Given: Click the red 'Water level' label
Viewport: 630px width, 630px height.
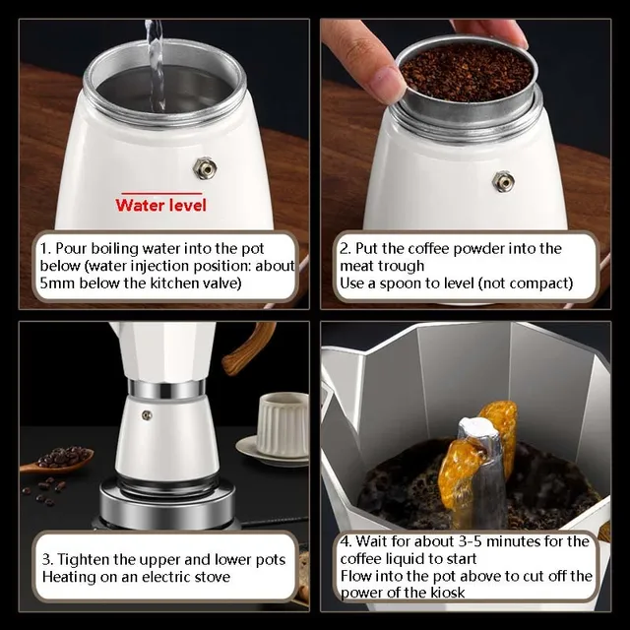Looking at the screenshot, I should [x=160, y=205].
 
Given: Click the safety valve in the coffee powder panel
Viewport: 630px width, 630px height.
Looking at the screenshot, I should [x=503, y=181].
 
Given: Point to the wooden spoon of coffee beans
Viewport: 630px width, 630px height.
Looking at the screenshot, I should [x=59, y=459].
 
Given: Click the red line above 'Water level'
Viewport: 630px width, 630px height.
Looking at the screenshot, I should [x=160, y=193].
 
